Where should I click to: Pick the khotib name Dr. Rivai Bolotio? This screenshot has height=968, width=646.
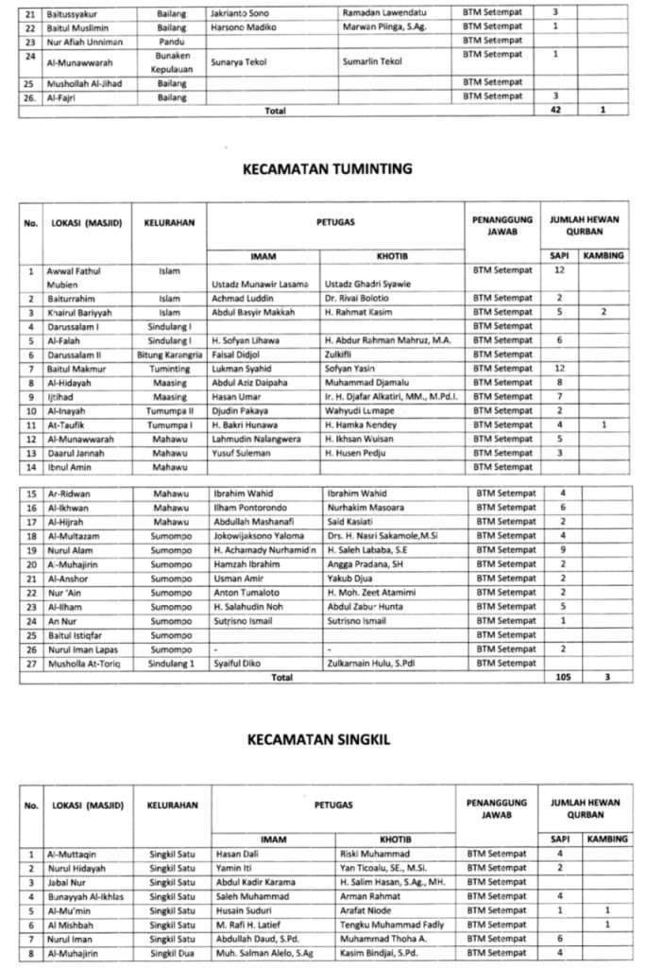click(x=358, y=298)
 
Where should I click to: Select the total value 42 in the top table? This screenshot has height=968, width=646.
click(x=556, y=111)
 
